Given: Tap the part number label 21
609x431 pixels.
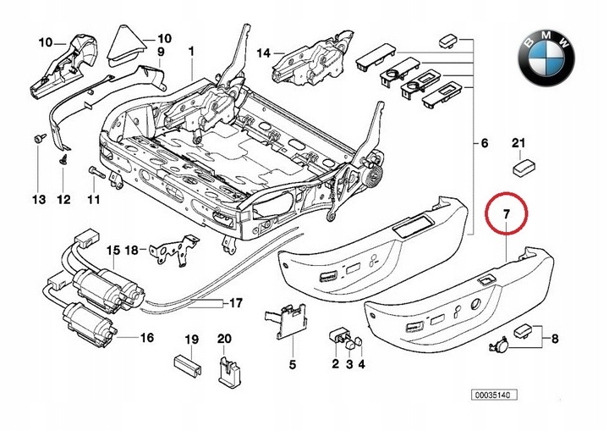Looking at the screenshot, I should coord(518,142).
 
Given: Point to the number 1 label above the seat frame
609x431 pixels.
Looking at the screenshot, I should coord(191,51).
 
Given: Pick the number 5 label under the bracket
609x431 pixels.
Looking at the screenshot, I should coord(292,365).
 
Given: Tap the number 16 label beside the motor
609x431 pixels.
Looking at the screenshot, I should coord(147,338).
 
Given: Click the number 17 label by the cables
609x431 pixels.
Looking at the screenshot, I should coord(236,302).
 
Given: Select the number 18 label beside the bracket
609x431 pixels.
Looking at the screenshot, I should coord(131,250).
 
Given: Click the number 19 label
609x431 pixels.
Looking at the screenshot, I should coord(192,340).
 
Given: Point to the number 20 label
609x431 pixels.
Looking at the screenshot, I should coord(224,340).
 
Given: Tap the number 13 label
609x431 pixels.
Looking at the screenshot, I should coord(38,200).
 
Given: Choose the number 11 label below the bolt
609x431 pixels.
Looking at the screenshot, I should coord(93,200).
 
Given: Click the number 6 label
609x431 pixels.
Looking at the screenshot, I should coord(485,144).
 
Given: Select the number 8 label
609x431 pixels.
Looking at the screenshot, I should coord(554,340).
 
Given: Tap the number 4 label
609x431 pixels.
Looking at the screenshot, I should coord(362,365).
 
